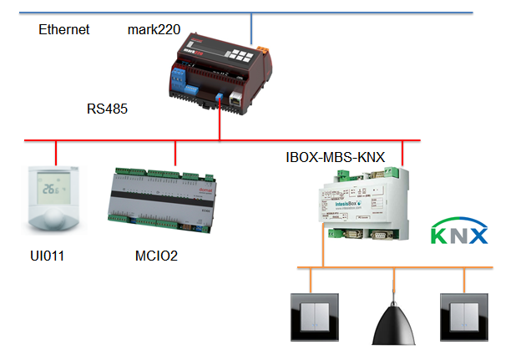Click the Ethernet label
point(63,30)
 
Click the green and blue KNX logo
point(458,233)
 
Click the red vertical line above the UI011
point(56,153)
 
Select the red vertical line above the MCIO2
point(175,153)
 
